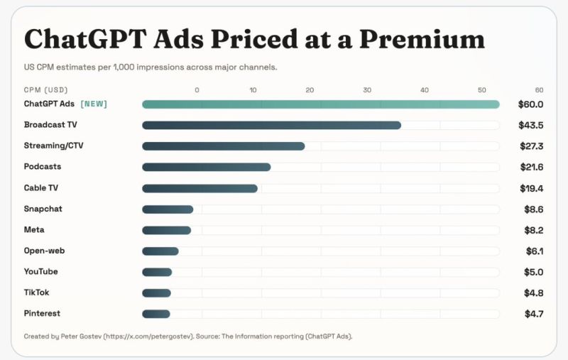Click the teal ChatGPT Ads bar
pyautogui.click(x=320, y=104)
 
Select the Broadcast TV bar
pyautogui.click(x=271, y=125)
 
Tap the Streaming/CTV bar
pyautogui.click(x=223, y=146)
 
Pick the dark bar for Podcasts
pyautogui.click(x=206, y=167)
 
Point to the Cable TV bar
pyautogui.click(x=200, y=188)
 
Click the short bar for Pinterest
pyautogui.click(x=156, y=314)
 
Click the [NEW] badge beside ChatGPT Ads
pyautogui.click(x=94, y=104)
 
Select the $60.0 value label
pyautogui.click(x=530, y=104)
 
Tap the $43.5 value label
pyautogui.click(x=530, y=125)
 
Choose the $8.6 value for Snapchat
pyautogui.click(x=533, y=209)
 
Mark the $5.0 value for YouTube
pyautogui.click(x=533, y=272)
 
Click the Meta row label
pyautogui.click(x=34, y=230)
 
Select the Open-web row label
pyautogui.click(x=44, y=251)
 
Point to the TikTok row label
pyautogui.click(x=36, y=293)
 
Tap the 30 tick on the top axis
pyautogui.click(x=367, y=90)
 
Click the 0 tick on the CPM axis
pyautogui.click(x=197, y=90)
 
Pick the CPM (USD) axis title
pyautogui.click(x=45, y=90)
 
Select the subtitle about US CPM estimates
pyautogui.click(x=150, y=67)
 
